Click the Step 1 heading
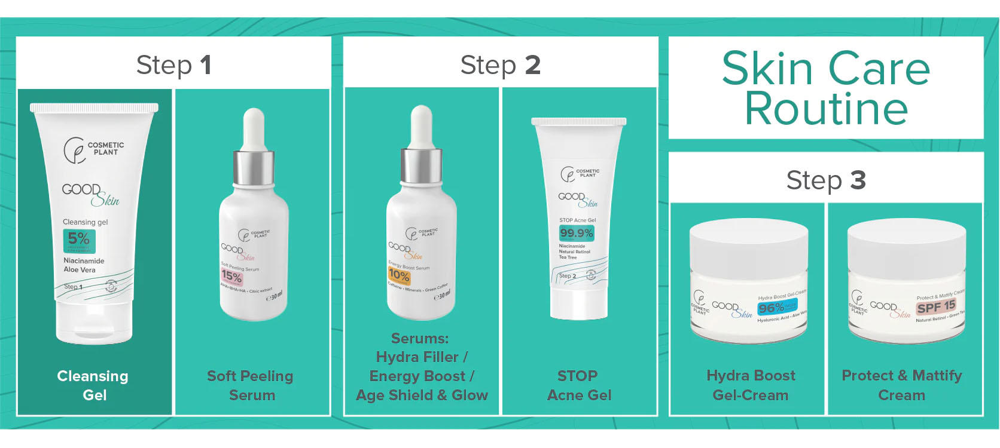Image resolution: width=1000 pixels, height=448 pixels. (x=173, y=65)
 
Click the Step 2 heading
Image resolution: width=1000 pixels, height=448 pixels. (x=500, y=65)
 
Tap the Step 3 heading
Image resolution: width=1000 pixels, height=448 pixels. (x=825, y=180)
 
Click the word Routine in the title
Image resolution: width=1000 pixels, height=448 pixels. (x=825, y=109)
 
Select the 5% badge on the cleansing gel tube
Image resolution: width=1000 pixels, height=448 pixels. (x=79, y=240)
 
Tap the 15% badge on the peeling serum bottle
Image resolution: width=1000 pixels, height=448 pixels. (x=231, y=276)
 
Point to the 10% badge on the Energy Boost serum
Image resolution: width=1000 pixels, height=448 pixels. (x=399, y=275)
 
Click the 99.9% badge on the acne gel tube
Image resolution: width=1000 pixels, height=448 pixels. (x=577, y=233)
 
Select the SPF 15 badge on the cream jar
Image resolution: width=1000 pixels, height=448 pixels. (x=936, y=307)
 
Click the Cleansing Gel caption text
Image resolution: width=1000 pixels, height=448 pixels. (x=93, y=385)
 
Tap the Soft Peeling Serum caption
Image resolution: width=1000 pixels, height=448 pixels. (x=251, y=385)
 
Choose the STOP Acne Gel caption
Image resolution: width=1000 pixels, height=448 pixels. (x=578, y=385)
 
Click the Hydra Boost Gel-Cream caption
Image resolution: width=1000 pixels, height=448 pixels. (x=751, y=385)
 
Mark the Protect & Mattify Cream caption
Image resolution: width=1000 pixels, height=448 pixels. (x=902, y=385)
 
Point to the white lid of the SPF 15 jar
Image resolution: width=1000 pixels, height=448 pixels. (x=906, y=245)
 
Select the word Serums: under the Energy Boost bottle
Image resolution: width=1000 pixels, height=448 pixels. (x=419, y=339)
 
